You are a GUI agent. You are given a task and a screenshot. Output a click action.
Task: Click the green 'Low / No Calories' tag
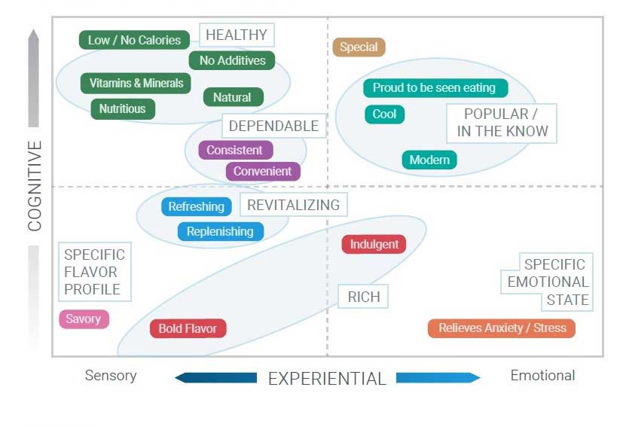tap(134, 40)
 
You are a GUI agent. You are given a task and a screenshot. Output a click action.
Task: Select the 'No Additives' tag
tap(232, 61)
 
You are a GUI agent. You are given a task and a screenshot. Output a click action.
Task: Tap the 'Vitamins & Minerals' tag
tap(136, 83)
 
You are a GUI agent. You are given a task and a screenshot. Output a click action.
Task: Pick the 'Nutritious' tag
tap(122, 108)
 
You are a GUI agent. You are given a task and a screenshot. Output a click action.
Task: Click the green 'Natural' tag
tap(232, 97)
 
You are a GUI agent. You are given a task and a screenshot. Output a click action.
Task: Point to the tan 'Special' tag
tap(359, 47)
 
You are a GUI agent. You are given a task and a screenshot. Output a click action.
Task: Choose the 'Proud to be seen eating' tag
tap(434, 87)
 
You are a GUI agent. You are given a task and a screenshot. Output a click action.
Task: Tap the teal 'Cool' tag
tap(384, 114)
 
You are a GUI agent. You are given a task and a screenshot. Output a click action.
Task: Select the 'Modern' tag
tap(429, 160)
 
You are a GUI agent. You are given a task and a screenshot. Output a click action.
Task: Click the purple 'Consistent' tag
tap(234, 150)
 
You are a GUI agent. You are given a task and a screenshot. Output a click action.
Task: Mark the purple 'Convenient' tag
tap(262, 171)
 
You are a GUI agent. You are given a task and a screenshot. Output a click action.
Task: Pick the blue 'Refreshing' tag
tap(196, 206)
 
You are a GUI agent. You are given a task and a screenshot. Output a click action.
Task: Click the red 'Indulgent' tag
tap(374, 244)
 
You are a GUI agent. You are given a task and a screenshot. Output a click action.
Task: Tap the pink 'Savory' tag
tap(84, 319)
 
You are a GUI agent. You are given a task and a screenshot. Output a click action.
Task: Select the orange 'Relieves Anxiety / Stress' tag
tap(502, 328)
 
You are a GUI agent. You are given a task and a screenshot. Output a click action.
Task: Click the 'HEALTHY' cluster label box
tap(237, 35)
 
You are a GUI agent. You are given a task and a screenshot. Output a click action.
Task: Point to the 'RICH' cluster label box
tap(364, 297)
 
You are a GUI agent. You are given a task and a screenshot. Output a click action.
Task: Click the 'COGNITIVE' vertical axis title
tap(35, 185)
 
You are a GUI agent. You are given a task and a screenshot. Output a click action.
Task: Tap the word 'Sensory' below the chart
tap(111, 376)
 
